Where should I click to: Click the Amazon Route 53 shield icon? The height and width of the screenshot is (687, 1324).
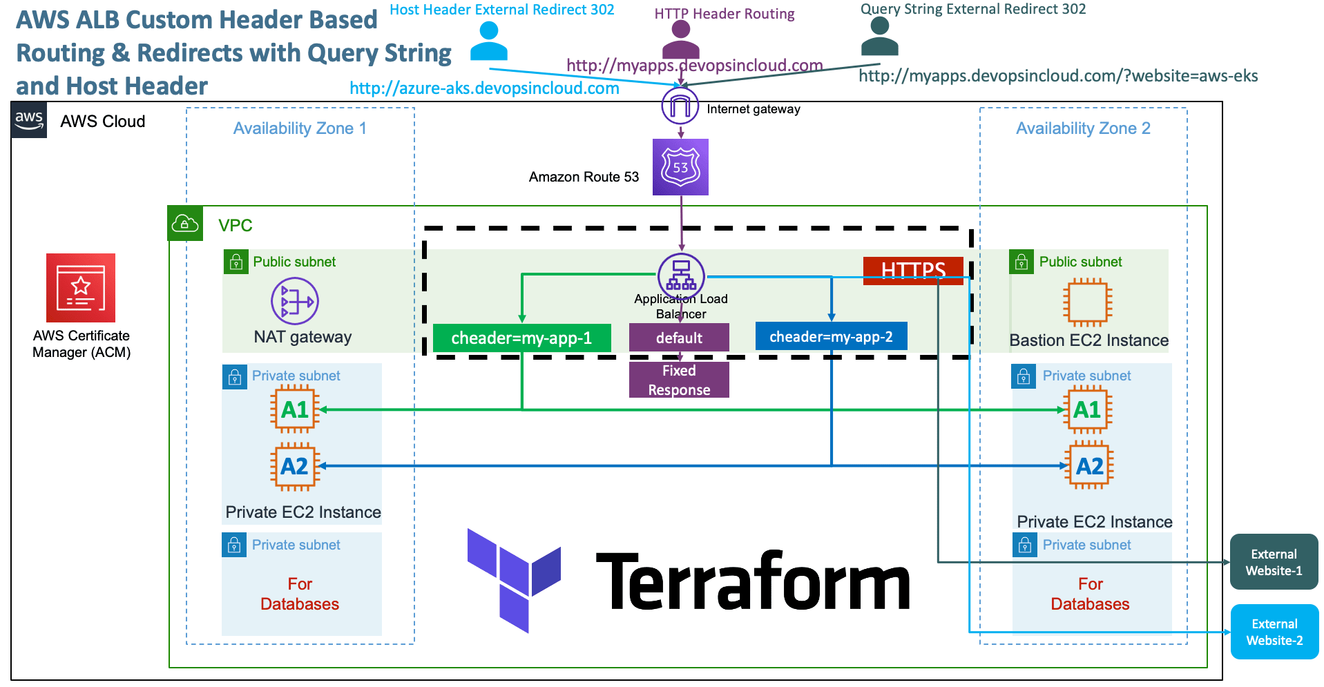point(680,167)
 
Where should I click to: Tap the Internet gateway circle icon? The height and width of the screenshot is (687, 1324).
point(680,106)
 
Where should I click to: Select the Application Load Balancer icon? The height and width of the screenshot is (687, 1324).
point(681,275)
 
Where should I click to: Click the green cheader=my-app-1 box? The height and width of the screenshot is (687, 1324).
point(521,338)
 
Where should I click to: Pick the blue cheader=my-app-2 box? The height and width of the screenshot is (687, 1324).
point(831,336)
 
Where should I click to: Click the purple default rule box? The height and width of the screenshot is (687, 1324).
point(679,338)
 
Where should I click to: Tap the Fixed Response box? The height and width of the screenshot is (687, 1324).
point(679,380)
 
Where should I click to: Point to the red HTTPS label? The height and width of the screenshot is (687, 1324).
point(912,270)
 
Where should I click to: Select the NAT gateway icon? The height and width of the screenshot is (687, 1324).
point(295,301)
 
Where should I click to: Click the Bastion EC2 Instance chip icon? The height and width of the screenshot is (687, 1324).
point(1087,302)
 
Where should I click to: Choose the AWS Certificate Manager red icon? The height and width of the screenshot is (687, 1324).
point(81,288)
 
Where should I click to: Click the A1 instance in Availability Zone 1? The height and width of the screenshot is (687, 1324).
point(295,409)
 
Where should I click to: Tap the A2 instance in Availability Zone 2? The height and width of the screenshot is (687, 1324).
point(1089,466)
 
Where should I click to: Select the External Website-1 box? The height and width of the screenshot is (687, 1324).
point(1274,562)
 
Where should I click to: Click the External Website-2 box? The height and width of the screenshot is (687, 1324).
point(1274,632)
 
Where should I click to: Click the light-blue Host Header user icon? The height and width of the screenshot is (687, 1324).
point(489,41)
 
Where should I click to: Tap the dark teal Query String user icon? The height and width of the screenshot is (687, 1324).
point(879,37)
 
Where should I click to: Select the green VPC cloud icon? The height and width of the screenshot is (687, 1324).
point(185,223)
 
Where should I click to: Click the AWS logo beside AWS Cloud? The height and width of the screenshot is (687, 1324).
point(29,120)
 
